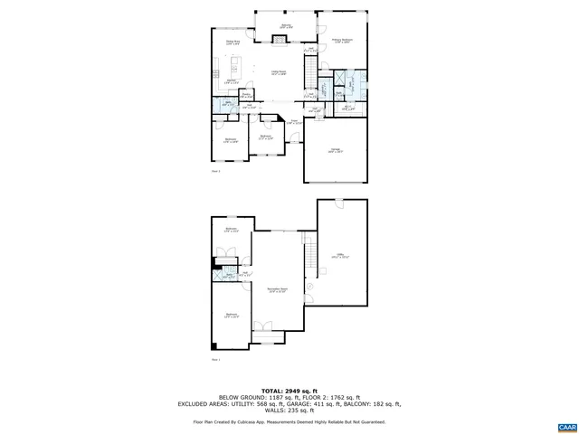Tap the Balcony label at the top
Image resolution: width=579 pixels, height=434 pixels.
tap(286, 25)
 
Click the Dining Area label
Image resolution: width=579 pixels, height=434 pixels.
tap(233, 42)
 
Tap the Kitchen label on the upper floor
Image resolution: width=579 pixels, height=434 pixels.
tap(219, 82)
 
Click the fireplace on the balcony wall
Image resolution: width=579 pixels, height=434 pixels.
tap(274, 38)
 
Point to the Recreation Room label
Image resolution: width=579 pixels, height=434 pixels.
tap(277, 290)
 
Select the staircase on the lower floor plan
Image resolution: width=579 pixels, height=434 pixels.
tap(308, 249)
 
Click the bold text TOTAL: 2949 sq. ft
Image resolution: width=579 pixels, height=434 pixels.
tap(289, 387)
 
